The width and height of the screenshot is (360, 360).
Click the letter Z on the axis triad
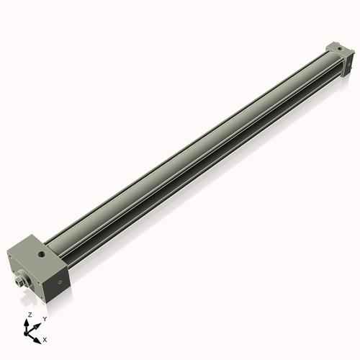tap(29, 315)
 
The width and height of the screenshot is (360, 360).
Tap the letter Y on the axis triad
tap(45, 318)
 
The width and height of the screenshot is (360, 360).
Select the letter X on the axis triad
tap(45, 338)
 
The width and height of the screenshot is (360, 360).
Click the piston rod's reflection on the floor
tap(22, 297)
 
